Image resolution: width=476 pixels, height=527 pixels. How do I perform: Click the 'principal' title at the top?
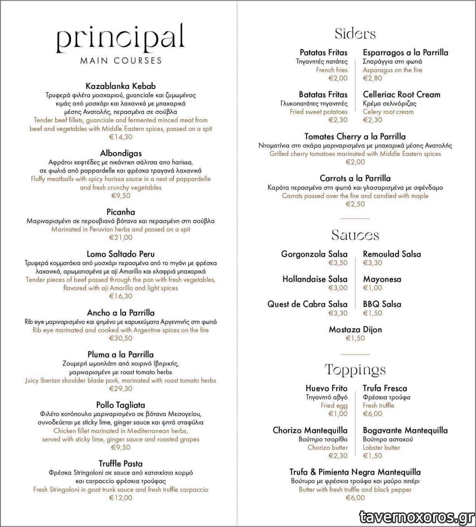pos(120,38)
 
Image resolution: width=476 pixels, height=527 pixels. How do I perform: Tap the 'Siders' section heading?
pos(355,34)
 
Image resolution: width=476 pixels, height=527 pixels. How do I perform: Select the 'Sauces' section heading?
pos(355,235)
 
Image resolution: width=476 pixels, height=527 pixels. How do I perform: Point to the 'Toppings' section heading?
pos(355,370)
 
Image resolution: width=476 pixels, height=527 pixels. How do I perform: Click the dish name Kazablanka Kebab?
pos(121,86)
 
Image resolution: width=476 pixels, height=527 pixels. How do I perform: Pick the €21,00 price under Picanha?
pos(121,237)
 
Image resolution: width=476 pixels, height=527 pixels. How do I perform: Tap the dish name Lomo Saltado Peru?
pos(121,254)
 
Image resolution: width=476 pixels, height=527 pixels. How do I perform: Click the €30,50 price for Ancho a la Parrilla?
pos(121,338)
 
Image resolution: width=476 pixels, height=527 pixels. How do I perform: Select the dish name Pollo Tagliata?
pos(121,405)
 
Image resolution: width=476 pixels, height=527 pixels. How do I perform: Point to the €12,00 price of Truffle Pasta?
pos(121,498)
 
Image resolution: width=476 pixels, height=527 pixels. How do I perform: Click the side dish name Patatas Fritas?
pos(323,53)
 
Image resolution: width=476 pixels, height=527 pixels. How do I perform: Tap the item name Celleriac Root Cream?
pos(402,94)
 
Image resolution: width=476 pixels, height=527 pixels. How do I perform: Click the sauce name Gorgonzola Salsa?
pos(314,254)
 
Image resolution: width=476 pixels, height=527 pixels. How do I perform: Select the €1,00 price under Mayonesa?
pos(373,288)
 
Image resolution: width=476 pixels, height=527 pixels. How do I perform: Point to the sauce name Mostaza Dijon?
pos(355,329)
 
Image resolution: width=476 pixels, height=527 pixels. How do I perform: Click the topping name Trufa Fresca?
pos(385,388)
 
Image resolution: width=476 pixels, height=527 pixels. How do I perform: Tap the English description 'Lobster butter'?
pos(381,448)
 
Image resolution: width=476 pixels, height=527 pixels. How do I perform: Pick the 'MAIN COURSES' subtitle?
pos(121,61)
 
